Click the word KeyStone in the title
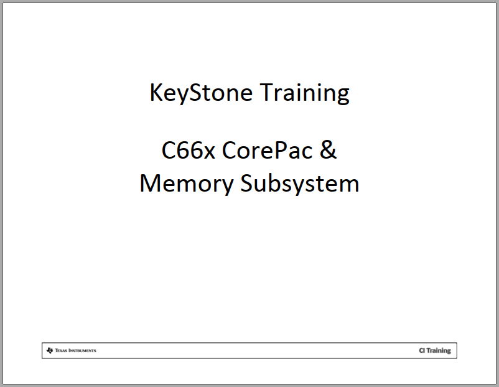(201, 93)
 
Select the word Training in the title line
(304, 93)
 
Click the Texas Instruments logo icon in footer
(50, 350)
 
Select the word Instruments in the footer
(83, 351)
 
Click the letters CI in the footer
(422, 351)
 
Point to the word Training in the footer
(439, 351)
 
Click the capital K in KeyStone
(156, 93)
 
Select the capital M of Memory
(150, 184)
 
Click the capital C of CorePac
(228, 151)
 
